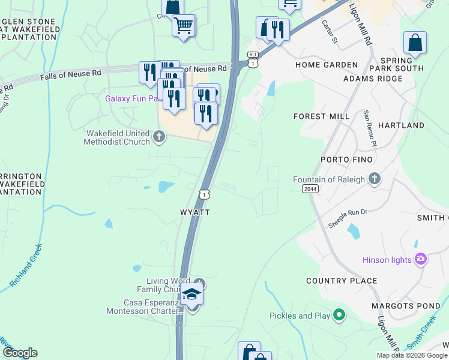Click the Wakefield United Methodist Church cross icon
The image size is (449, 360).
[x=159, y=136]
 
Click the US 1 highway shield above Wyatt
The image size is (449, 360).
[x=205, y=194]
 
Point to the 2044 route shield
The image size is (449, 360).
[x=310, y=189]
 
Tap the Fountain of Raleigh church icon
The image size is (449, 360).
[x=375, y=179]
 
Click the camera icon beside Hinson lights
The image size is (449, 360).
[x=421, y=259]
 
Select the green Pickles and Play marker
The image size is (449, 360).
[x=339, y=314]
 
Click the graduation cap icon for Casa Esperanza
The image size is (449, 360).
[x=191, y=293]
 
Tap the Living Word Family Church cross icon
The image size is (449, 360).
[x=200, y=283]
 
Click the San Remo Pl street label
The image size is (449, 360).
[x=369, y=128]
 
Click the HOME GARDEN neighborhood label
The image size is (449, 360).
[x=327, y=65]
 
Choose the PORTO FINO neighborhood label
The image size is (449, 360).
[x=346, y=160]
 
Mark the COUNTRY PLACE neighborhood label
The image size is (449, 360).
[x=342, y=281]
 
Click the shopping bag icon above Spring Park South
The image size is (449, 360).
[x=415, y=43]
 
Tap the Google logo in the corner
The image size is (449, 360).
[x=20, y=353]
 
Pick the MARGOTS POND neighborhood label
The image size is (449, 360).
[x=405, y=306]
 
